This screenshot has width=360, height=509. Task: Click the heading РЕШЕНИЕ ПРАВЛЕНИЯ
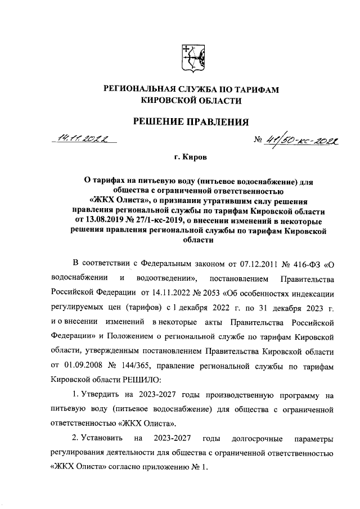tap(190, 121)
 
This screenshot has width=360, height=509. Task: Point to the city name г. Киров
tap(190, 159)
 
